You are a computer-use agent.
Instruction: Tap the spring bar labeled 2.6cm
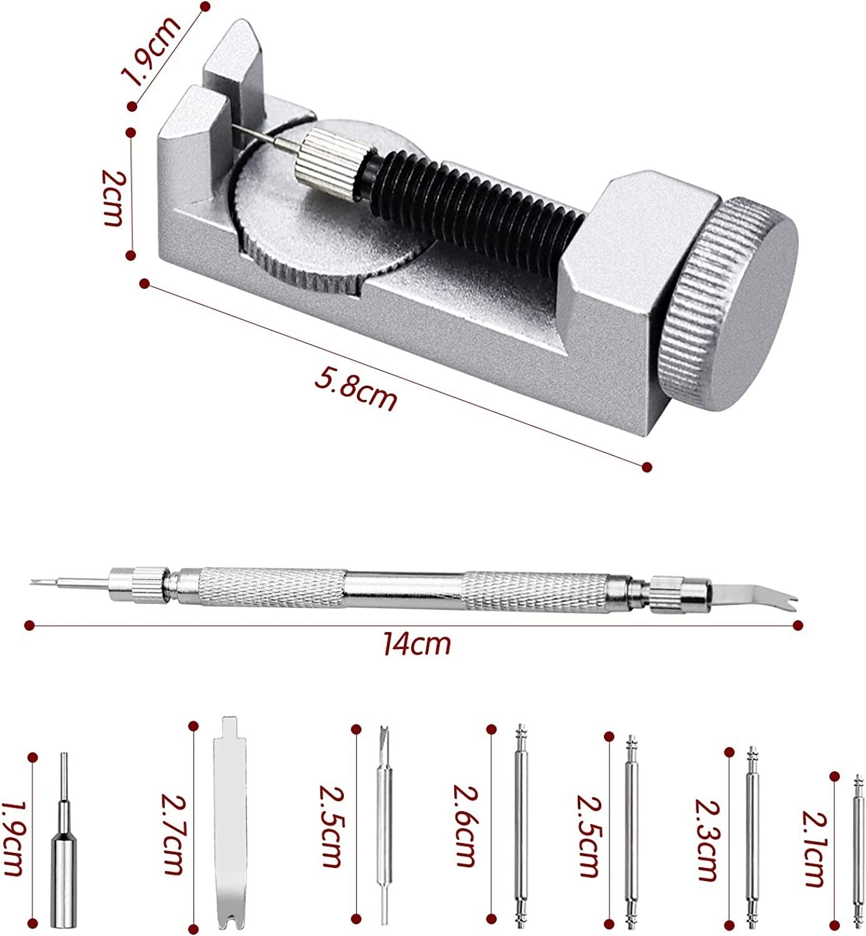[x=521, y=826]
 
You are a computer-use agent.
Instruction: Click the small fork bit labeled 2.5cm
[x=385, y=827]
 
